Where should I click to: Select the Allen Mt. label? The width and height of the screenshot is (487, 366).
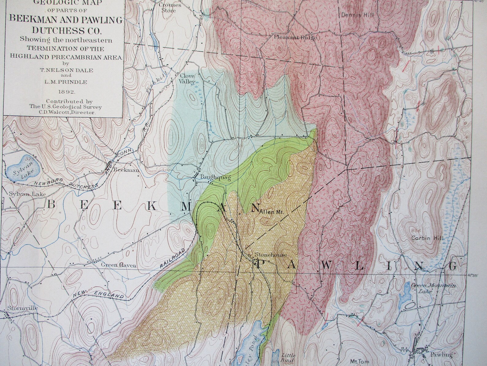pos(273,212)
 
